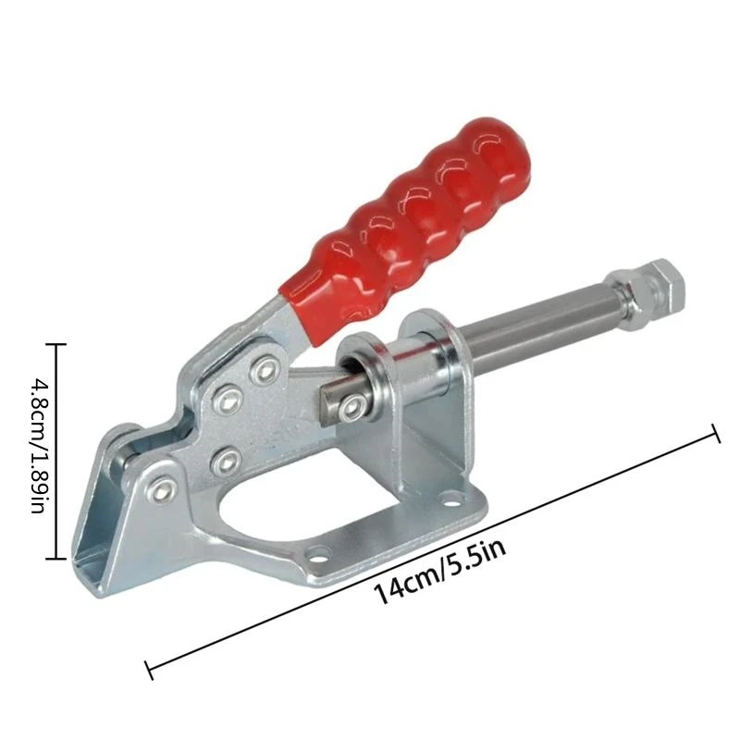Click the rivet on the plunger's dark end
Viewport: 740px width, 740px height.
[351, 408]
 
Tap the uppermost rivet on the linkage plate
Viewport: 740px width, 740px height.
[267, 370]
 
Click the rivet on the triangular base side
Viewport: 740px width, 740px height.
[163, 489]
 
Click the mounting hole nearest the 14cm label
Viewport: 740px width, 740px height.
[319, 556]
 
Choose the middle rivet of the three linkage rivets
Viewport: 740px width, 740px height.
[228, 400]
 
